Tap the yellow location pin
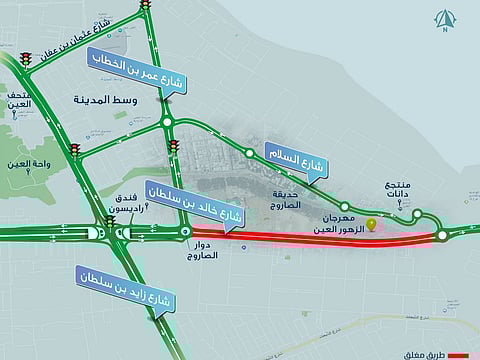pyautogui.click(x=372, y=224)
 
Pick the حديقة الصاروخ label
pyautogui.click(x=286, y=197)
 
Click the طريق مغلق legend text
pyautogui.click(x=425, y=354)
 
